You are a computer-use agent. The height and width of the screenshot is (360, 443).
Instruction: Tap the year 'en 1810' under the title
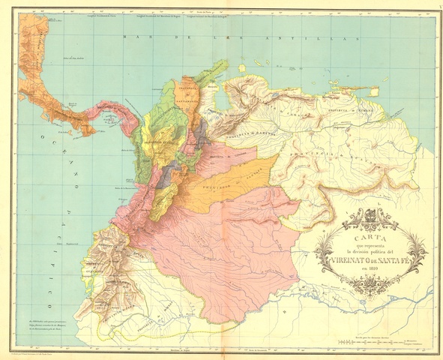[x=369, y=271]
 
